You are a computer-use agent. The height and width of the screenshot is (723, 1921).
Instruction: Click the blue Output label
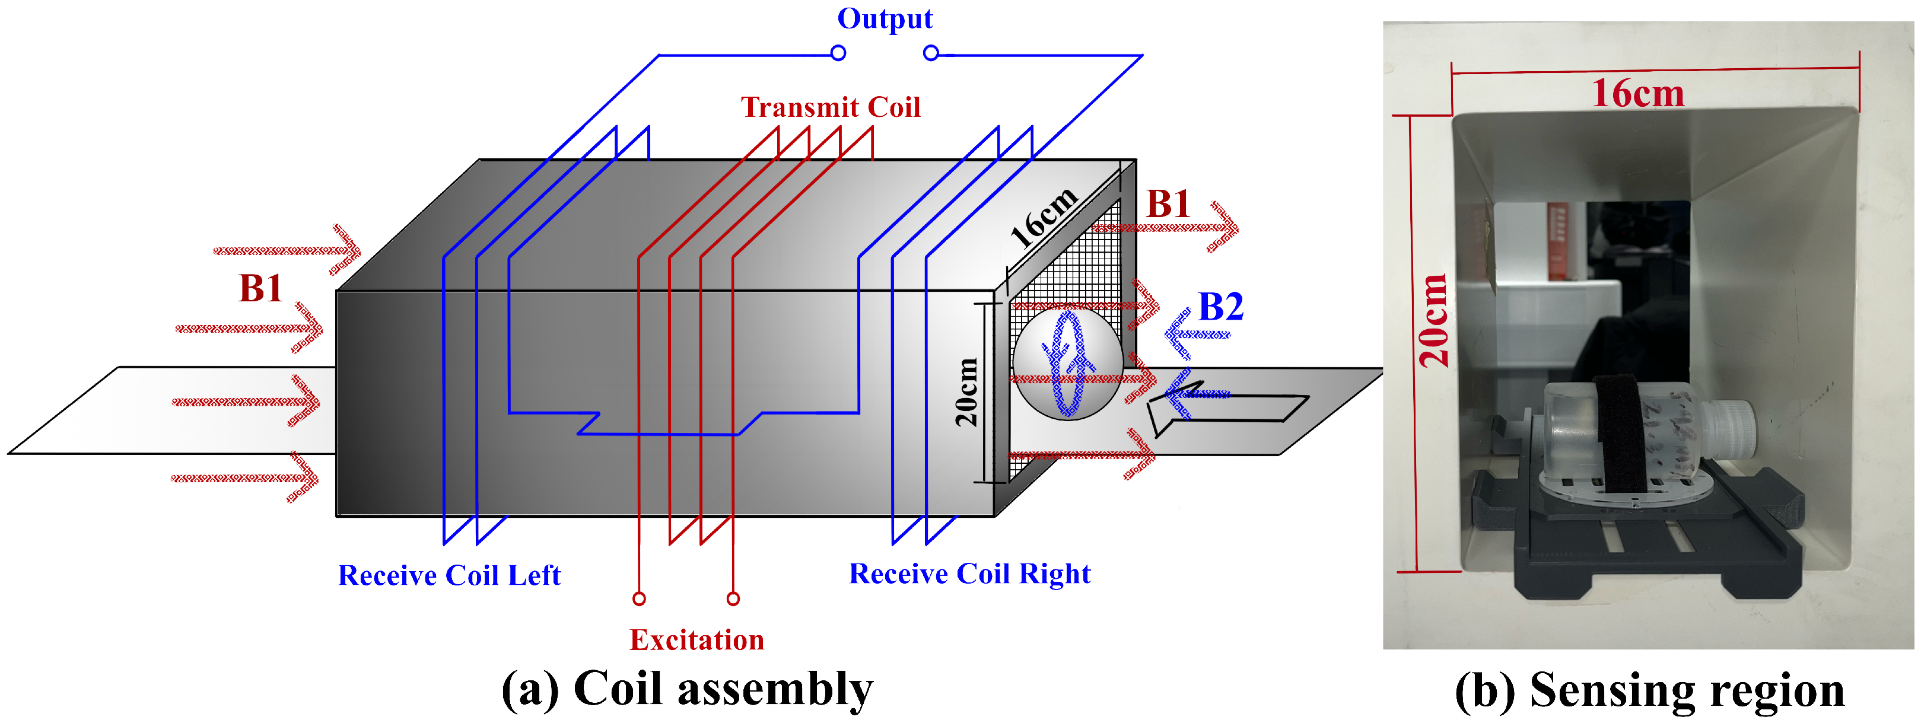(x=885, y=18)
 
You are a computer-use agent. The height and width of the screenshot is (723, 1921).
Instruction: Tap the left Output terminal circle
(x=838, y=53)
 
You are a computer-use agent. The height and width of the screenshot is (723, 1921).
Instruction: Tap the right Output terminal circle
(x=931, y=53)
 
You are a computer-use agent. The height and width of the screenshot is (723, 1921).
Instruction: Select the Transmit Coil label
(x=830, y=107)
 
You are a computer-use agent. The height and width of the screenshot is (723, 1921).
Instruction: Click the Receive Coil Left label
(x=449, y=575)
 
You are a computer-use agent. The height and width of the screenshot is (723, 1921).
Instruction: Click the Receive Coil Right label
(x=969, y=574)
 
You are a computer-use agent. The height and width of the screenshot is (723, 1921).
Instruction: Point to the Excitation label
(x=696, y=639)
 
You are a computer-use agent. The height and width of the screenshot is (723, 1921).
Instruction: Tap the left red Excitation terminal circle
(x=639, y=598)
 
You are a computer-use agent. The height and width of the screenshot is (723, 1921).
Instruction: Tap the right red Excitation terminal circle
(x=733, y=598)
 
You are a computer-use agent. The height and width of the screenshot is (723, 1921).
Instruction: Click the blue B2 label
(x=1221, y=307)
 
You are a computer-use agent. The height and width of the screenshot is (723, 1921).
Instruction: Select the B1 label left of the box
(x=260, y=288)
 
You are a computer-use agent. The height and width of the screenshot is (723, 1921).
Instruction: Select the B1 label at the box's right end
(x=1167, y=204)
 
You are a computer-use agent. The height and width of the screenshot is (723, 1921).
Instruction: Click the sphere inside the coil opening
(x=1068, y=363)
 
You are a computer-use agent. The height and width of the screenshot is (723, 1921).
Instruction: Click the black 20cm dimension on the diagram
(x=966, y=392)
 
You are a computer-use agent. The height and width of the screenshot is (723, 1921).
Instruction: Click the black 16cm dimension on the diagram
(x=1044, y=216)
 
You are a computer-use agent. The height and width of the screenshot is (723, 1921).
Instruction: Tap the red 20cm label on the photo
(x=1433, y=320)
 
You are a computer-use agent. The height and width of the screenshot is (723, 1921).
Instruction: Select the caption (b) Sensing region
(x=1649, y=689)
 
